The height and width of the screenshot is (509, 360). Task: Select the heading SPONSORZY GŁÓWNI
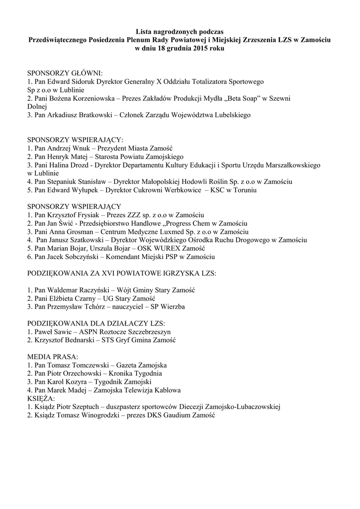[65, 73]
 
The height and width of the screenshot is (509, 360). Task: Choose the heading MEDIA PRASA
[52, 357]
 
